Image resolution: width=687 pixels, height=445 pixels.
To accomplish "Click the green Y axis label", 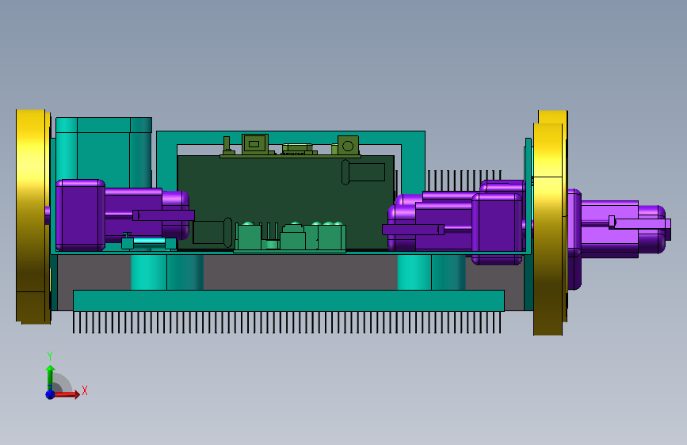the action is click(50, 356).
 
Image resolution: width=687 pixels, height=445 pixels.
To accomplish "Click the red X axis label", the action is click(85, 390).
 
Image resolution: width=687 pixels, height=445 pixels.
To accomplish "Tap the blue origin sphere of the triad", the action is click(51, 394).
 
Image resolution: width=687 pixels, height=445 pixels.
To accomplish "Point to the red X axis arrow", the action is click(66, 394).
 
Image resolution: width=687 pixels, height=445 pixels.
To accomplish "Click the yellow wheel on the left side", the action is click(33, 217).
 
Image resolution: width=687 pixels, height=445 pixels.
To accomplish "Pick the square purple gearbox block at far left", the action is click(80, 215).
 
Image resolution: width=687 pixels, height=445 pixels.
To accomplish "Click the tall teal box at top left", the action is click(104, 151).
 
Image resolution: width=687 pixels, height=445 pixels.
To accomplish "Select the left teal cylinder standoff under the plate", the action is click(167, 272).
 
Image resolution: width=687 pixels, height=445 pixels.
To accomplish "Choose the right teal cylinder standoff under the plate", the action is click(431, 272).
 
